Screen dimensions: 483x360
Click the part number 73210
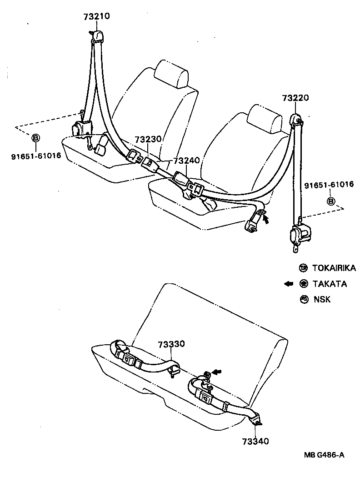click(96, 17)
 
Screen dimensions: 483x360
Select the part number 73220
click(295, 98)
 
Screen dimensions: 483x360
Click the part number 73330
click(171, 344)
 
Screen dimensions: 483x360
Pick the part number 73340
click(255, 441)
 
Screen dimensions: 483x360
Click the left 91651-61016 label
click(36, 157)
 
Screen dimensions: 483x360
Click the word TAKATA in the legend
click(330, 284)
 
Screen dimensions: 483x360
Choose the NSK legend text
click(322, 299)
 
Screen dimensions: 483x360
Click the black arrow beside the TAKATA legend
click(288, 284)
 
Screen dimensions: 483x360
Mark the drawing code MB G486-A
click(325, 454)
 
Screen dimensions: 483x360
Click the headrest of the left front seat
click(171, 74)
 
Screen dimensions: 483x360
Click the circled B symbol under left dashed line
click(36, 137)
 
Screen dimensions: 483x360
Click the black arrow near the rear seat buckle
click(217, 372)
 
